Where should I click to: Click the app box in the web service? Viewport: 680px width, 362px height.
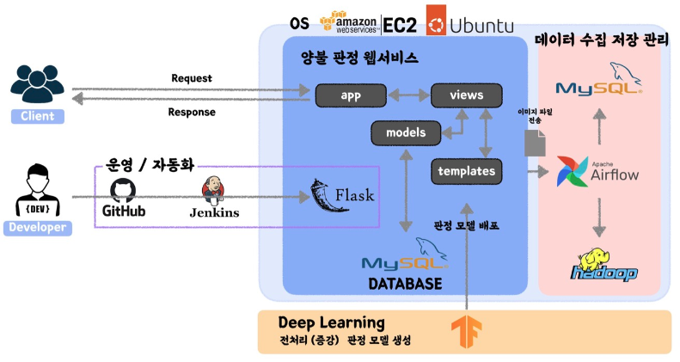349,95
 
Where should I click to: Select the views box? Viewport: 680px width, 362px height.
466,95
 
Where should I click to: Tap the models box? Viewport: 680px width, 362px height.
405,132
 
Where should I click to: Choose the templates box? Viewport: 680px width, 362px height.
466,171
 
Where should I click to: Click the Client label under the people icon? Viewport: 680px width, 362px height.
38,116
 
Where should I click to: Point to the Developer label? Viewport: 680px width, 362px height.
38,228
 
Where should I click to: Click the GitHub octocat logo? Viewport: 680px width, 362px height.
124,190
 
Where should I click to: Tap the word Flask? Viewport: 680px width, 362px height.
354,195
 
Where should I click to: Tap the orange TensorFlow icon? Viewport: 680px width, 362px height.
466,332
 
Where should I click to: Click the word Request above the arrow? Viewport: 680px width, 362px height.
191,78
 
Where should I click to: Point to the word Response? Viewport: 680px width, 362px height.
191,112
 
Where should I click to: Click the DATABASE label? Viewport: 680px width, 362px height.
405,283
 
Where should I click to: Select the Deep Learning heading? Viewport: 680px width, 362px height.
331,322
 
